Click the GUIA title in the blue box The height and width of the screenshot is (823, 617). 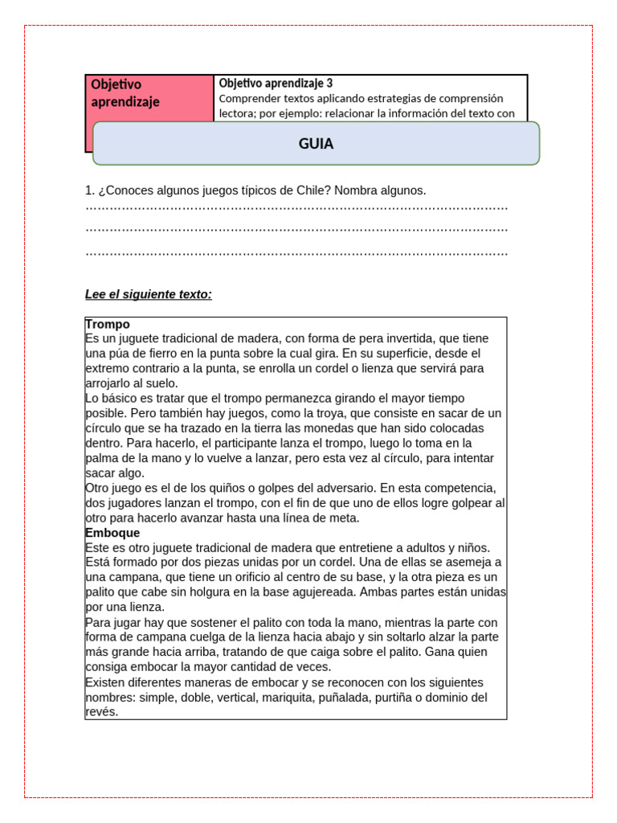(x=316, y=144)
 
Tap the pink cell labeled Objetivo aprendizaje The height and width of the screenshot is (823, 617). (x=125, y=93)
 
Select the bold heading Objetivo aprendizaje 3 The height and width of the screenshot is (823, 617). (x=276, y=83)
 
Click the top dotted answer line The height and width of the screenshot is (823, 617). (x=296, y=208)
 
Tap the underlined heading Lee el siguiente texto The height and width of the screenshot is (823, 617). (x=149, y=294)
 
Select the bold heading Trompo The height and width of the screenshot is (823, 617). (x=108, y=324)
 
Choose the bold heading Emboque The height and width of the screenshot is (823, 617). (x=112, y=533)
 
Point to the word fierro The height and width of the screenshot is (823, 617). (x=170, y=353)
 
